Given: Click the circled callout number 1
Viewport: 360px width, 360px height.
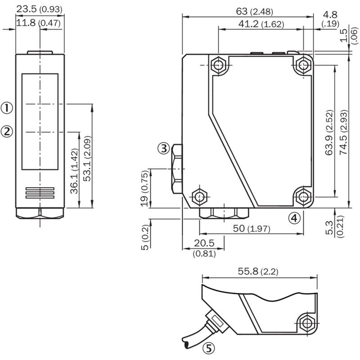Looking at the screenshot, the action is point(7,108).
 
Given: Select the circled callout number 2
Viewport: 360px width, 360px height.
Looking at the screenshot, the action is point(7,132).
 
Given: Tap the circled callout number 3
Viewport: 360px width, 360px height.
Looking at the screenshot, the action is point(163,148).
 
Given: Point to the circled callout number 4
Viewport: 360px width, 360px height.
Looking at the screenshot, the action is point(294,218).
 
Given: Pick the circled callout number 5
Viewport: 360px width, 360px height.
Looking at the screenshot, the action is point(208,348).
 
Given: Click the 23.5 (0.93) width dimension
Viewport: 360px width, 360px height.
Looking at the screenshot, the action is point(39,9).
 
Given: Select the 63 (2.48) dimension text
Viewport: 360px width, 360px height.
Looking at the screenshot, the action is point(255,11).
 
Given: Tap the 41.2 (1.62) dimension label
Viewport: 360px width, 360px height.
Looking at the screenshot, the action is point(261,24).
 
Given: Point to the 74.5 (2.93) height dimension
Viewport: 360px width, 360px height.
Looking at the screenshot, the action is point(344,132).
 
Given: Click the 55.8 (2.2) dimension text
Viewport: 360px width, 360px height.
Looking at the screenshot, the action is point(258,271).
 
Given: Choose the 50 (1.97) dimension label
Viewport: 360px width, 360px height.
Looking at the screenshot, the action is point(252,229).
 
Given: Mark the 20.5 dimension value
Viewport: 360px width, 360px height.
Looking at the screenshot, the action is point(204,243).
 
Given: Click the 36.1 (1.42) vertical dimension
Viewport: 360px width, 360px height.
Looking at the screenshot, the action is point(74,171).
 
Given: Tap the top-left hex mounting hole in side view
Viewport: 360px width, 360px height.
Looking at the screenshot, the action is point(218,65).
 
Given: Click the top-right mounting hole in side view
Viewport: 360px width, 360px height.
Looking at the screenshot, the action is point(303,65).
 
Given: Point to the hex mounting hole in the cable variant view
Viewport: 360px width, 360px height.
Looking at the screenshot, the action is point(307,323).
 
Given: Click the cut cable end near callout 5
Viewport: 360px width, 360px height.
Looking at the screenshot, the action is point(185,342).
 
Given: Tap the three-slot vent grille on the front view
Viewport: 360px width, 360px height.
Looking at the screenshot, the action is point(40,193).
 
